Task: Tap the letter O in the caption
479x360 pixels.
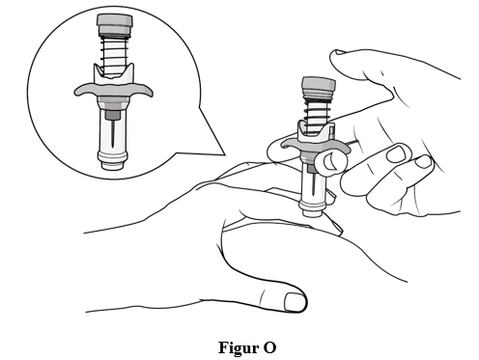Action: click(x=269, y=347)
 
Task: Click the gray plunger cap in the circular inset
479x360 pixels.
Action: click(x=115, y=25)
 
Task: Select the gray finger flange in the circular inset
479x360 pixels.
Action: click(x=113, y=90)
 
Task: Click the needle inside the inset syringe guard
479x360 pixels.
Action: click(x=113, y=133)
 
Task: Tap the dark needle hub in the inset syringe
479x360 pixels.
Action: click(x=113, y=115)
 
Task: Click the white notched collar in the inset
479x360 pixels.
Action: click(x=113, y=74)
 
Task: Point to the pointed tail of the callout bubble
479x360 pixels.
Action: click(x=224, y=154)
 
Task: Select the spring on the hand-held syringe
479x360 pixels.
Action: click(x=317, y=113)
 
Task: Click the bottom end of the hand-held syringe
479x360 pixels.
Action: click(x=311, y=213)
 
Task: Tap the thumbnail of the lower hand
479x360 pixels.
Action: click(x=295, y=302)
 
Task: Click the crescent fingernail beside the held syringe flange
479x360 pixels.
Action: click(x=329, y=162)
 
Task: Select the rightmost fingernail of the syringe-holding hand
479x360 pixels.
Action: click(x=423, y=161)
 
